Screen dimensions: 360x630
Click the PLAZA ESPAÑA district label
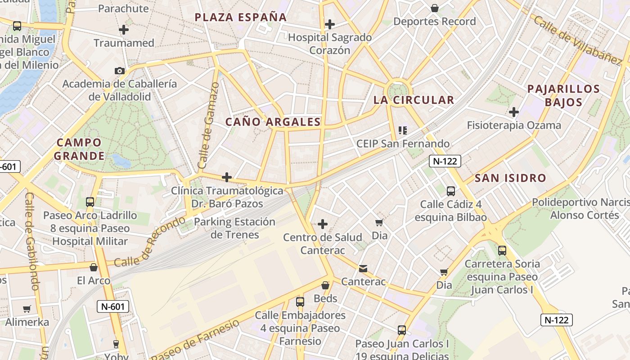pos(240,18)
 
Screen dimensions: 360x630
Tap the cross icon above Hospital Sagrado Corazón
pos(330,24)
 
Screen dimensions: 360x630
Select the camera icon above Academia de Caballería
pos(119,71)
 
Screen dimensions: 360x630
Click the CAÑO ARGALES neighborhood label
pos(273,122)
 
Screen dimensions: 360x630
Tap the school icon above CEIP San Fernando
pos(403,130)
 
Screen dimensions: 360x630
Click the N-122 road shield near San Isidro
pos(445,161)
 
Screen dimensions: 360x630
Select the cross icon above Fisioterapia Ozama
pos(514,112)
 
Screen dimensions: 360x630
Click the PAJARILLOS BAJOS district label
pos(563,95)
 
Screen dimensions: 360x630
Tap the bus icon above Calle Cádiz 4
pos(451,191)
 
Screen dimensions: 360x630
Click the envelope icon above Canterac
pos(363,269)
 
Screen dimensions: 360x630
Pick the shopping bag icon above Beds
pos(325,285)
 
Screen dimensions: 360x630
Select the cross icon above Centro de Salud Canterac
pos(323,224)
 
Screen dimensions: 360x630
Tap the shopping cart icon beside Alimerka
pos(27,309)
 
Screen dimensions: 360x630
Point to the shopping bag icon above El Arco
pos(94,267)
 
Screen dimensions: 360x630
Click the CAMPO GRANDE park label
pos(79,149)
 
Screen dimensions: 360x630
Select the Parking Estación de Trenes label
pos(234,228)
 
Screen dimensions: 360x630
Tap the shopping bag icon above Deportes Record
pos(435,8)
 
